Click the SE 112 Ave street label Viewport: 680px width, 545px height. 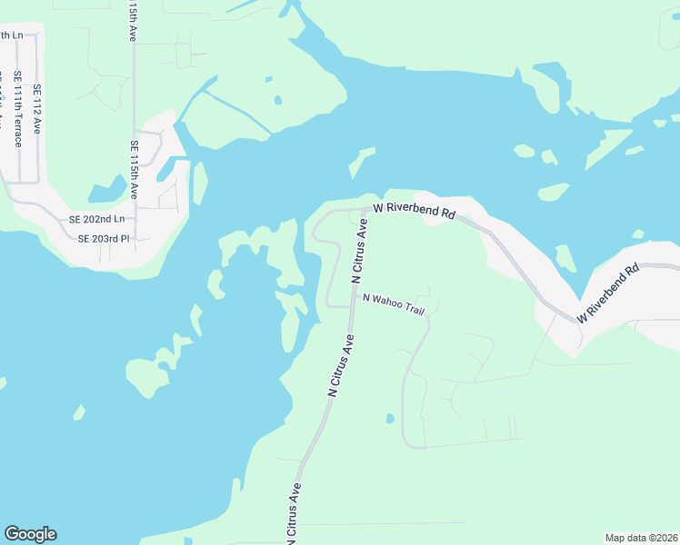pos(37,109)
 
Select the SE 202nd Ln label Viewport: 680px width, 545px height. pos(102,220)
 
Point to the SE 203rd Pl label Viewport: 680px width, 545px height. pos(105,239)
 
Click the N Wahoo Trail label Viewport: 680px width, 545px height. pos(394,304)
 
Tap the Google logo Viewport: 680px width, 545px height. pos(30,534)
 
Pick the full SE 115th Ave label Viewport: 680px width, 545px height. pos(134,169)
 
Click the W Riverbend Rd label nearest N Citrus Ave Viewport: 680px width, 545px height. pos(414,211)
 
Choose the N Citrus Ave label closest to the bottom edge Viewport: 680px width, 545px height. pos(294,515)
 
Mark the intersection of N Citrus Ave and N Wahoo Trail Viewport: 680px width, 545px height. pos(352,308)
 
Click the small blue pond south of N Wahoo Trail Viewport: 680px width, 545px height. pos(390,419)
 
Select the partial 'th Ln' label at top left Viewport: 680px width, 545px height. pos(12,35)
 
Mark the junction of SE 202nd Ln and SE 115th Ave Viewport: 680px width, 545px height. pos(135,220)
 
